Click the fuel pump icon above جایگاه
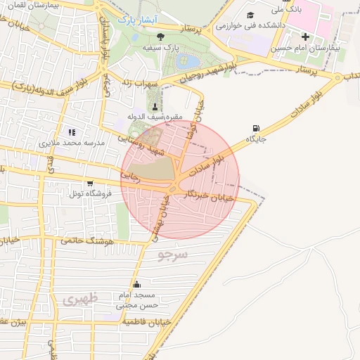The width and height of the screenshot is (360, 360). click(254, 129)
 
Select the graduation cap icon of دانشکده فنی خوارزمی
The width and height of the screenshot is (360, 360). click(250, 15)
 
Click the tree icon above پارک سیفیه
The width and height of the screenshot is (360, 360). click(161, 36)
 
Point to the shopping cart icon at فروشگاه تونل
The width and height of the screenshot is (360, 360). click(89, 183)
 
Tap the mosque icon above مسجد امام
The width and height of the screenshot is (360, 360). click(136, 285)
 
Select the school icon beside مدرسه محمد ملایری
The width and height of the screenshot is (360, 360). click(71, 131)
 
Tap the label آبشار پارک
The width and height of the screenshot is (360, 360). click(134, 20)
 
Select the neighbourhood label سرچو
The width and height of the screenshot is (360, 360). click(173, 253)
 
